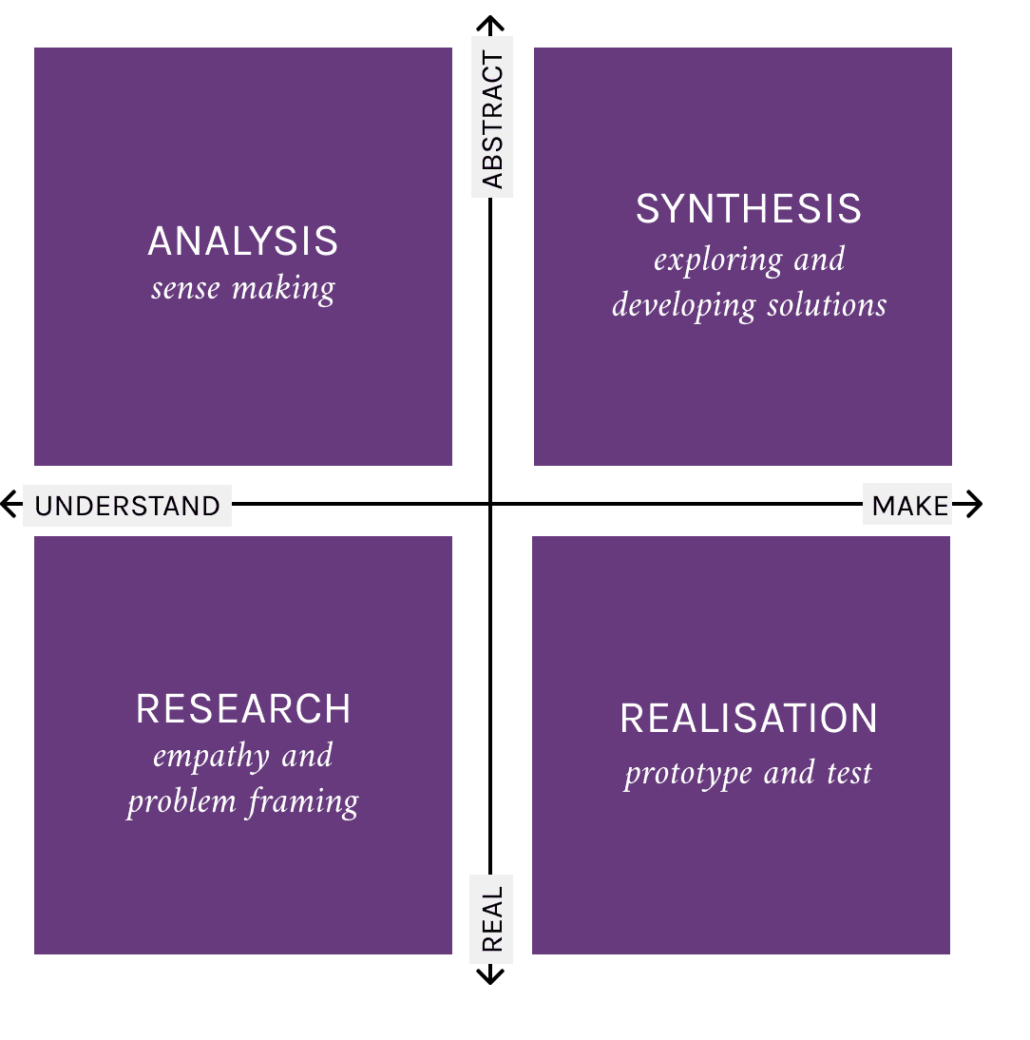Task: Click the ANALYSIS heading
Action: click(243, 241)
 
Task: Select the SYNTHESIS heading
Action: click(749, 209)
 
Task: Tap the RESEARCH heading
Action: click(243, 709)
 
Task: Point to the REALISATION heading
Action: click(749, 719)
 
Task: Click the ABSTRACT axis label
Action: click(492, 119)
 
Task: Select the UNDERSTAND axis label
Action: click(127, 506)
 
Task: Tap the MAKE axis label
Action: click(909, 506)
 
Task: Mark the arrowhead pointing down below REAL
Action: click(489, 977)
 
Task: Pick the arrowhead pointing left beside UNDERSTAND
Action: click(10, 503)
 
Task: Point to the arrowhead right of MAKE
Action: click(975, 504)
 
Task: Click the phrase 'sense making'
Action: click(243, 288)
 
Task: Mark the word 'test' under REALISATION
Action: click(849, 773)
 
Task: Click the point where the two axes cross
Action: click(490, 504)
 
